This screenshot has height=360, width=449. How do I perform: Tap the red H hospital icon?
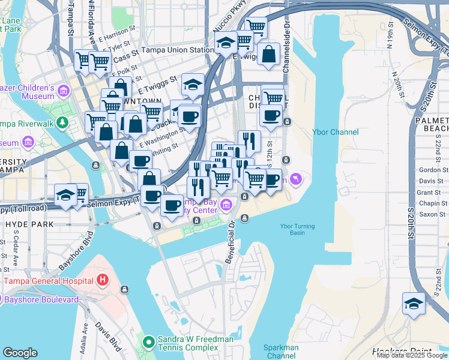tap(103, 280)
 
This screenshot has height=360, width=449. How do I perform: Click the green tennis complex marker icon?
tap(148, 343)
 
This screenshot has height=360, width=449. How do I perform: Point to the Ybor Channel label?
tap(336, 132)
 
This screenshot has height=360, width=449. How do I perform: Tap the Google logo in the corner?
tap(20, 353)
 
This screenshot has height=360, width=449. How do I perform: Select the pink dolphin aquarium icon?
tap(296, 179)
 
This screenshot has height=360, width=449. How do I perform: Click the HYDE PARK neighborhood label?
tap(29, 224)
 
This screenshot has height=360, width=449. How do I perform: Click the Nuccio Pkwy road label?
tap(223, 23)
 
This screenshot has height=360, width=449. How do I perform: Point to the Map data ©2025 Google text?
tap(412, 355)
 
